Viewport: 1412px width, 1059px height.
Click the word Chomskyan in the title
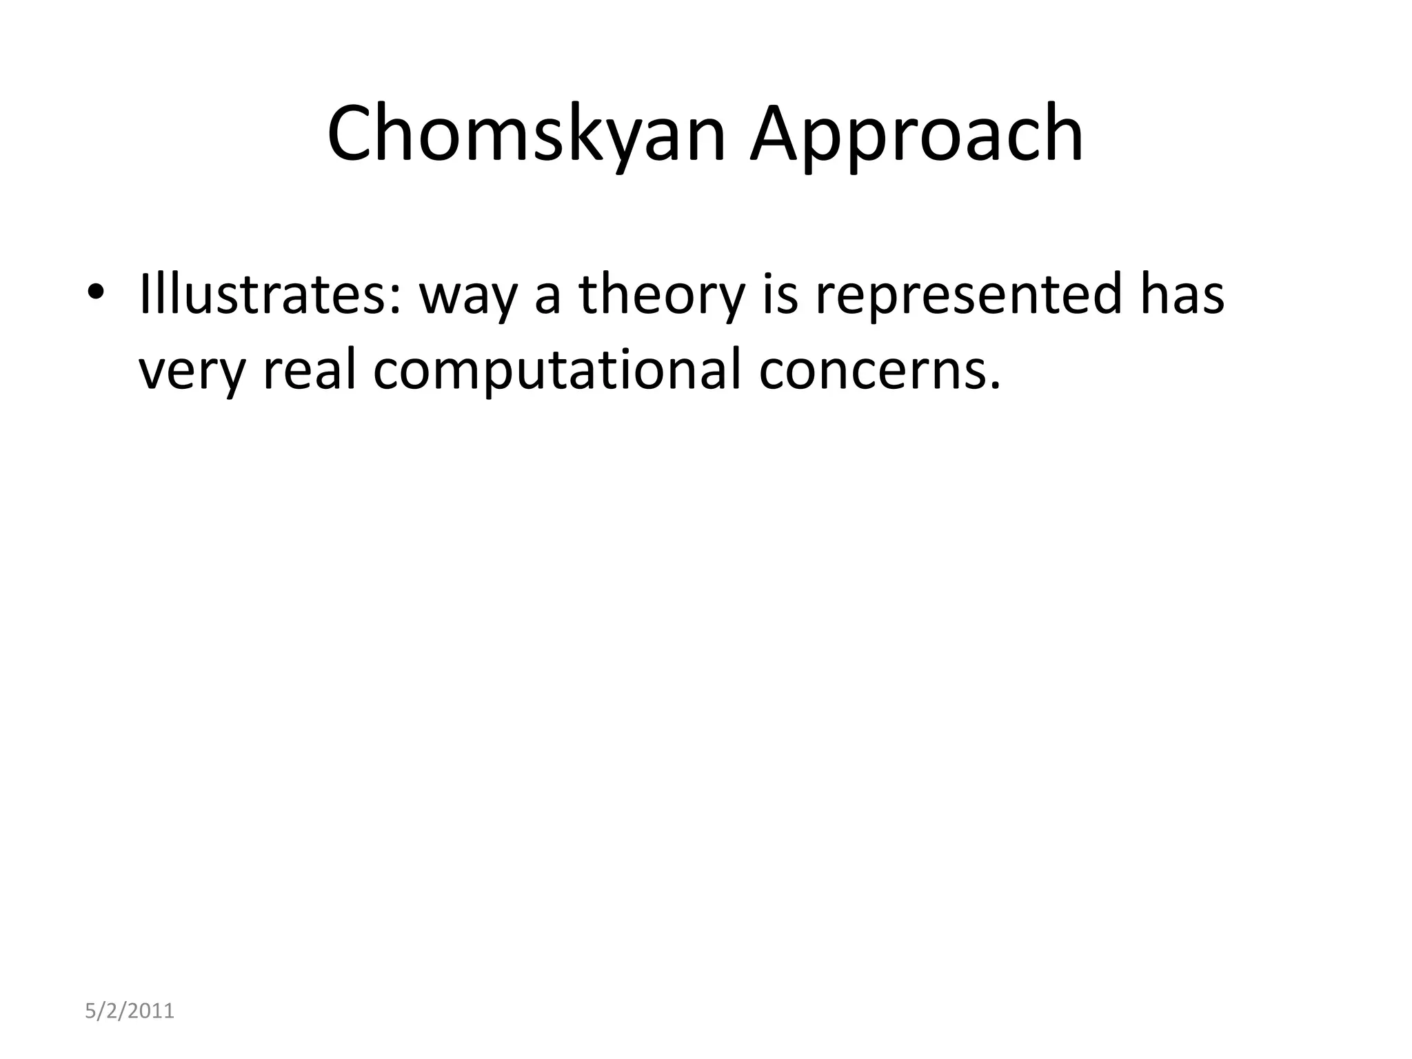tap(527, 134)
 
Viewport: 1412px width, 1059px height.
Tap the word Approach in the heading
tap(917, 134)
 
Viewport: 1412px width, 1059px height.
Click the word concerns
tap(871, 371)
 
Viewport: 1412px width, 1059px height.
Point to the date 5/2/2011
tap(130, 1011)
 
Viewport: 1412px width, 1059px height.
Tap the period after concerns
tap(994, 385)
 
